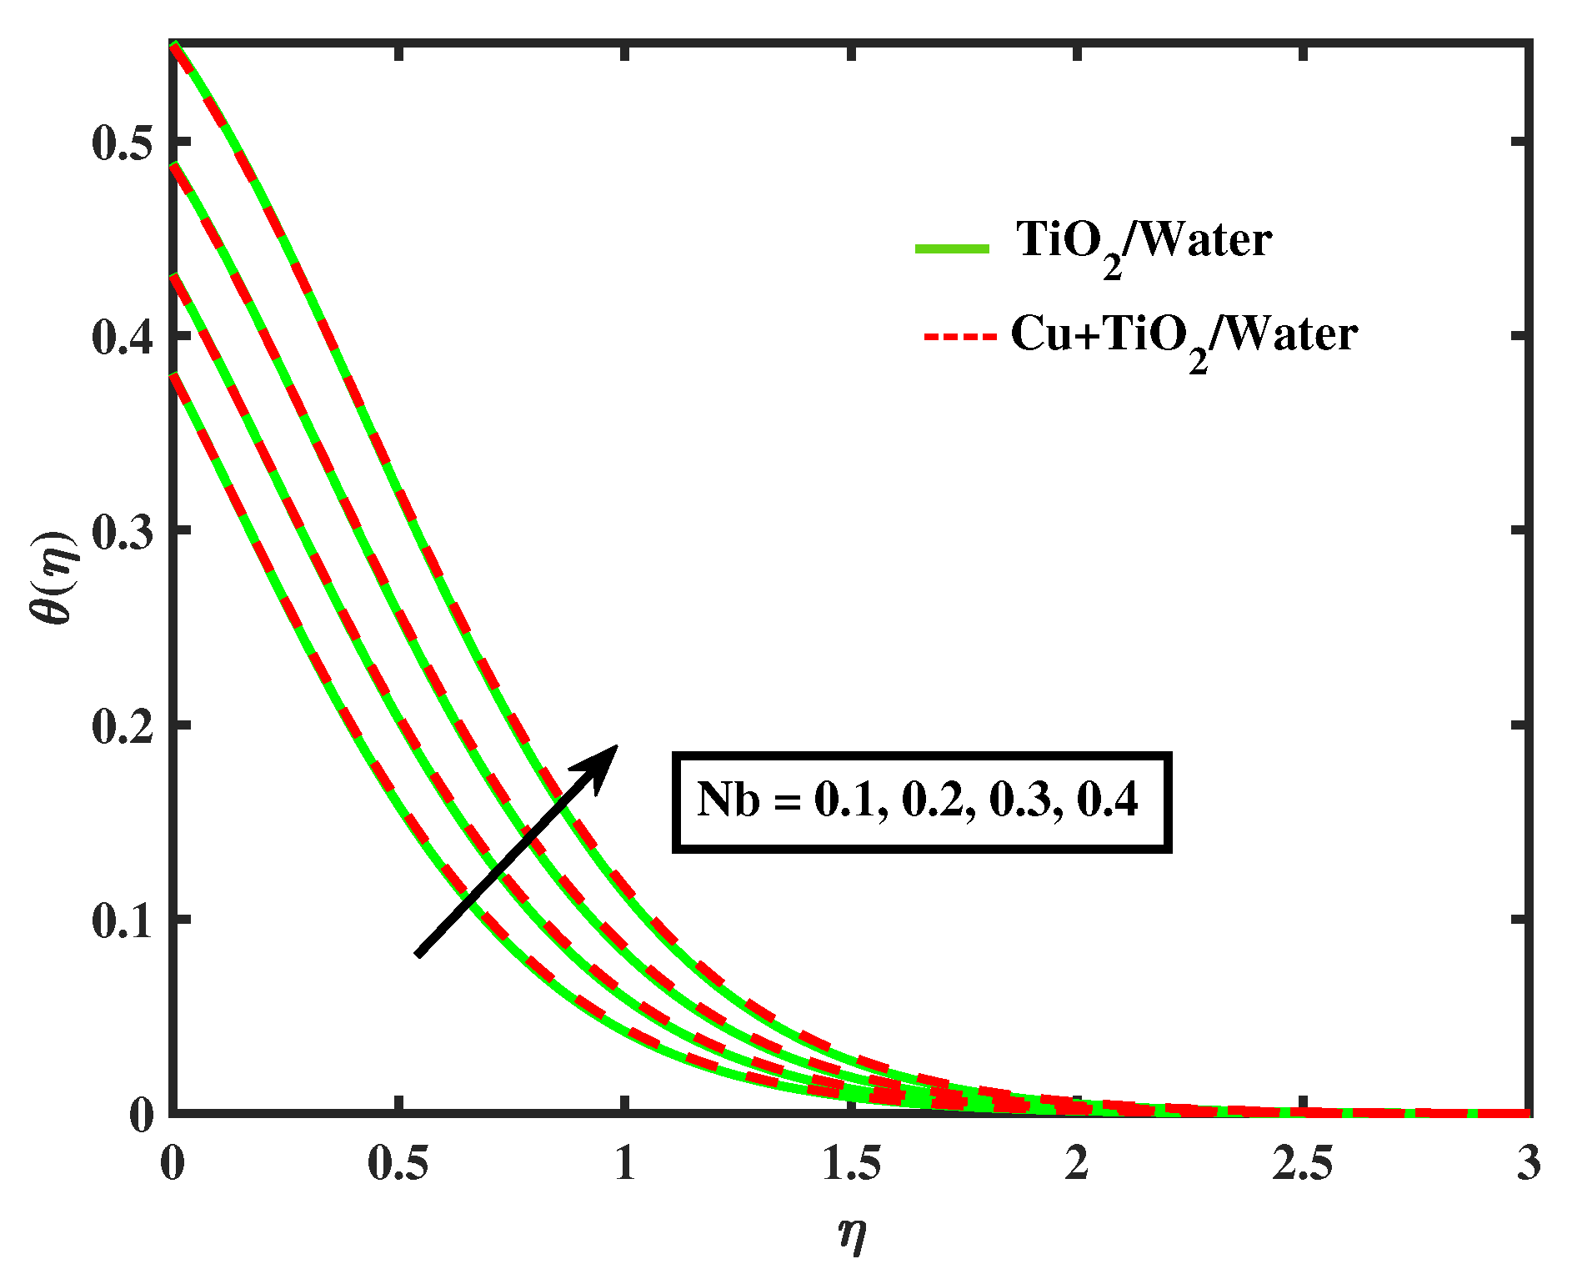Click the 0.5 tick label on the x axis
tap(398, 1162)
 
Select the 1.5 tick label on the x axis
tap(851, 1162)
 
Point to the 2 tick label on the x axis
tap(1077, 1162)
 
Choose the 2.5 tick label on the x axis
tap(1303, 1162)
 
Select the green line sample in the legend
tap(952, 248)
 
